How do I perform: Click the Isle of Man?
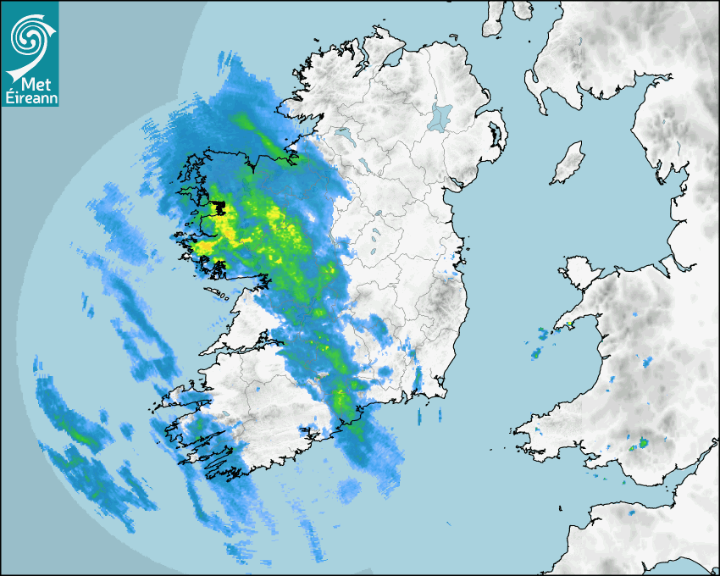tap(568, 163)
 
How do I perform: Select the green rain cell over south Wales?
tap(643, 442)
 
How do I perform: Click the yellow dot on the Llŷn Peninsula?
tap(571, 323)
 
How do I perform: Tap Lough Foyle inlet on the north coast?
tap(391, 59)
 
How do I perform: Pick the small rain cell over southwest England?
tap(632, 512)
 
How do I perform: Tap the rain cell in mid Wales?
tap(647, 363)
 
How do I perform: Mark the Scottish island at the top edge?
tap(494, 17)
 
